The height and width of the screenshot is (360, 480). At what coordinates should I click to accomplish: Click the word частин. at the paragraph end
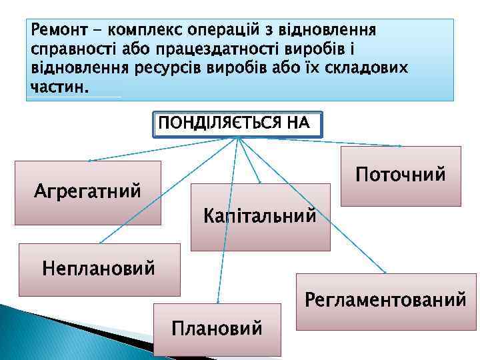[59, 87]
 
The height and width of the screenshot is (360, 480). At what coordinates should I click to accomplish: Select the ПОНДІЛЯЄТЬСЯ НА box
[237, 123]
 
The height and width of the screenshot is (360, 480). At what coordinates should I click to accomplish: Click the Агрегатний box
[88, 191]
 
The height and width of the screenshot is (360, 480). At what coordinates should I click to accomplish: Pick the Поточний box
[400, 175]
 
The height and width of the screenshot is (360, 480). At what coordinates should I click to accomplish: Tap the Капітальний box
[260, 217]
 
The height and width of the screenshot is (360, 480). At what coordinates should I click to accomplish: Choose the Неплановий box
[99, 269]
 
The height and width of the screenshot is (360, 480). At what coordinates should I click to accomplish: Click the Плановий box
[217, 329]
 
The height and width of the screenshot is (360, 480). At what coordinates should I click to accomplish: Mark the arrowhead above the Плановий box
[217, 303]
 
